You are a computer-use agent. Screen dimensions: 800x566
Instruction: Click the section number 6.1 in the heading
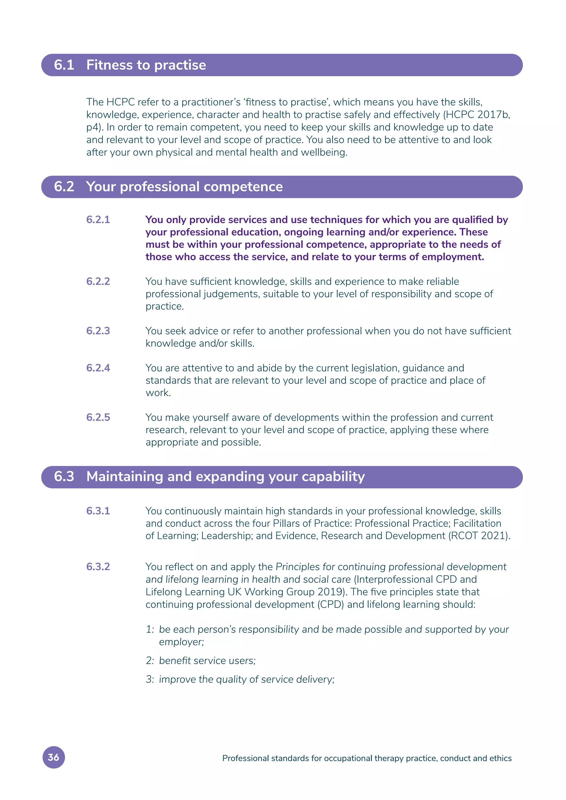pyautogui.click(x=64, y=65)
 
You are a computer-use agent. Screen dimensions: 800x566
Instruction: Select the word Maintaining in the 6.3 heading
pyautogui.click(x=124, y=477)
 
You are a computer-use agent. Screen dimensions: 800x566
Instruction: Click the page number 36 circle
pyautogui.click(x=54, y=757)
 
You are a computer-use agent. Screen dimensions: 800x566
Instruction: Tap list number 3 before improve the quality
pyautogui.click(x=149, y=680)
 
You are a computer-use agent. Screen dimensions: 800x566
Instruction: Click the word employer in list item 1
pyautogui.click(x=181, y=642)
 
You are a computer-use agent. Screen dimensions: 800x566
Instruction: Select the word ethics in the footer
pyautogui.click(x=501, y=759)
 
